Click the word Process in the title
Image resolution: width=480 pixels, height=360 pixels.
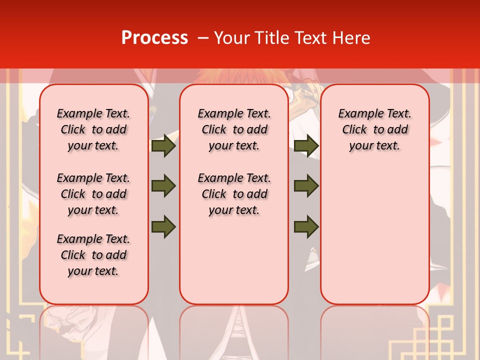(x=154, y=38)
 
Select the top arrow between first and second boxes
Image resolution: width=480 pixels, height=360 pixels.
(x=163, y=145)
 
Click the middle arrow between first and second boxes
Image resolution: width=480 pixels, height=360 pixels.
(x=163, y=186)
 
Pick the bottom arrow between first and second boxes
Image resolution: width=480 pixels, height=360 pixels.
(x=163, y=226)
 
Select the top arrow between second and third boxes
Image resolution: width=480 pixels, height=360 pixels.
(x=306, y=145)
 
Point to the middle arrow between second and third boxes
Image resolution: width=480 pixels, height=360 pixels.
(x=306, y=186)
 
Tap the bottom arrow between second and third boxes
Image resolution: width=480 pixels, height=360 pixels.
(x=306, y=226)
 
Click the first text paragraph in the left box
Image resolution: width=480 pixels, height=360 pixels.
(x=93, y=129)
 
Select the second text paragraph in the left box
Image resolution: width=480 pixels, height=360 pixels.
(x=93, y=194)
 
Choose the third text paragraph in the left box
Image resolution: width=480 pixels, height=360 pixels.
(x=93, y=255)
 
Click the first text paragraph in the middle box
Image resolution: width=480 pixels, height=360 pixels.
(x=234, y=129)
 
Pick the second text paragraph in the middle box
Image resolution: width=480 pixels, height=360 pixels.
(x=234, y=194)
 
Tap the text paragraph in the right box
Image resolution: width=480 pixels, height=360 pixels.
(x=374, y=129)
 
